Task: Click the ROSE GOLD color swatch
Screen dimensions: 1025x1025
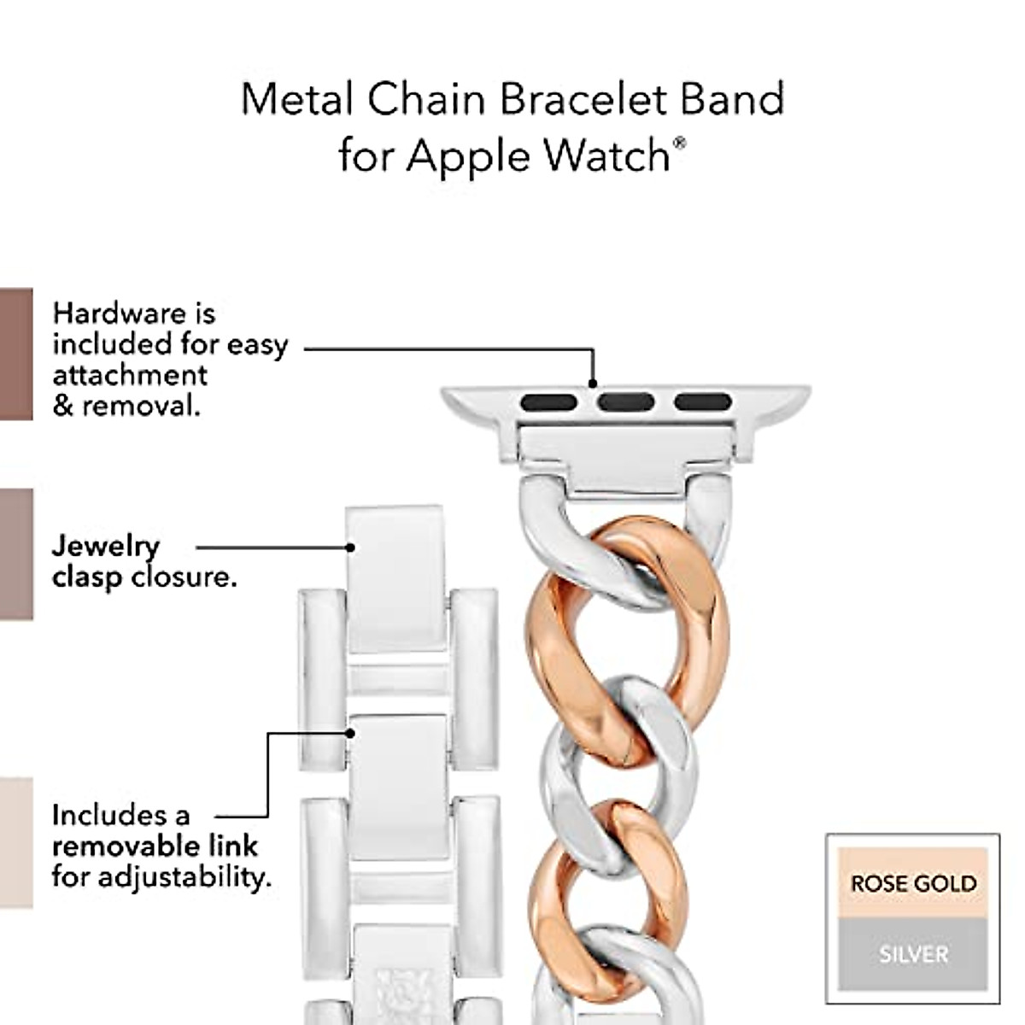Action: [x=912, y=883]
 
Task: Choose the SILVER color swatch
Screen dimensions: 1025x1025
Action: [x=912, y=953]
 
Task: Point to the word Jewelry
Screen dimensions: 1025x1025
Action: [x=106, y=547]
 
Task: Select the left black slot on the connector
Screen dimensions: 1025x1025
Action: [x=549, y=401]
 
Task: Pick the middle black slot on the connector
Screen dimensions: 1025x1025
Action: [x=626, y=401]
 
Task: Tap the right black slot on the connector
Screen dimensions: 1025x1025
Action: [x=702, y=401]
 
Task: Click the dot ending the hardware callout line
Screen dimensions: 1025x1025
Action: [x=593, y=384]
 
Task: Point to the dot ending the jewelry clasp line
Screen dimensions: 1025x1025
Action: [x=350, y=547]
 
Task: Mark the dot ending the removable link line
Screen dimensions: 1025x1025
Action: [x=350, y=733]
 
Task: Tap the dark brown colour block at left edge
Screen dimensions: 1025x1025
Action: [x=15, y=354]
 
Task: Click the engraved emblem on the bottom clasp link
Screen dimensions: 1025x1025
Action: [x=401, y=991]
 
